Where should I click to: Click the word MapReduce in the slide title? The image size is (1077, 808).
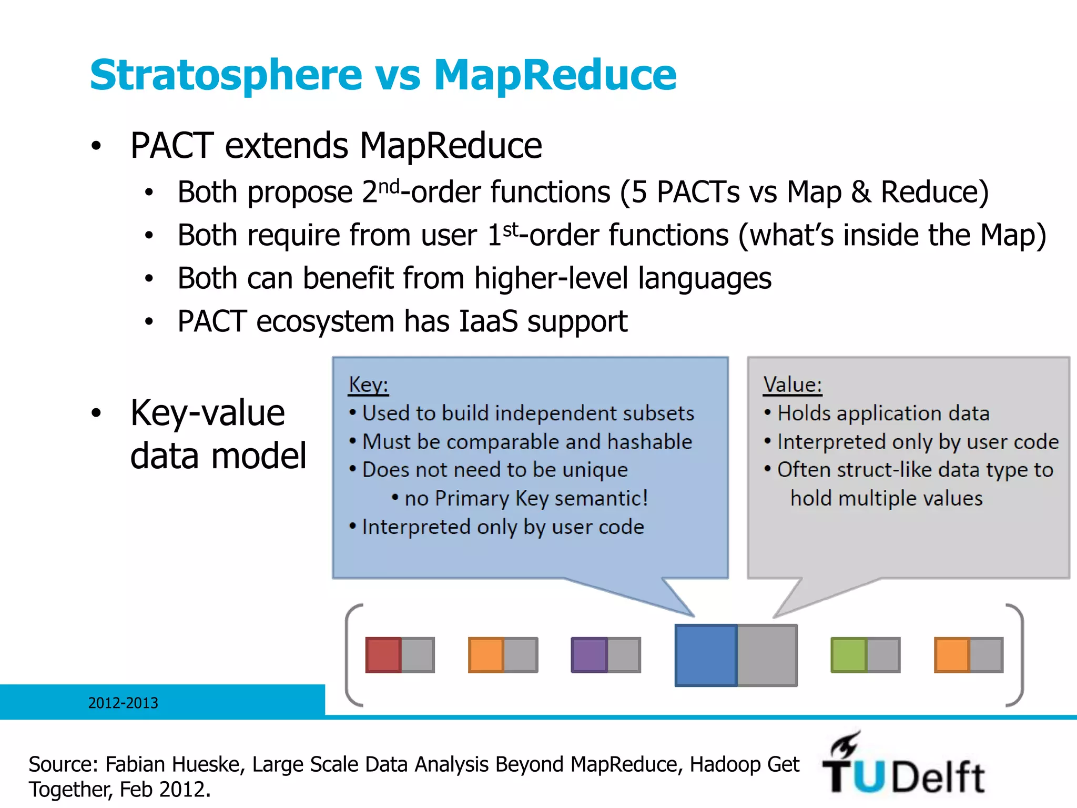[x=555, y=75]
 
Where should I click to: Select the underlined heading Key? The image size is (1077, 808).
[x=368, y=385]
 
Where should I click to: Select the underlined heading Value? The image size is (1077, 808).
[x=792, y=385]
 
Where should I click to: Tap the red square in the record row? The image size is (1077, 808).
[x=383, y=655]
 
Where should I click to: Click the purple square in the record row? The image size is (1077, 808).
[x=589, y=655]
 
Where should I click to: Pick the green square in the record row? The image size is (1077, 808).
[x=848, y=655]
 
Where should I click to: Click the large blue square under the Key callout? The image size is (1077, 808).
[x=706, y=655]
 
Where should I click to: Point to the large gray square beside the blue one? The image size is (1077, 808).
[x=767, y=655]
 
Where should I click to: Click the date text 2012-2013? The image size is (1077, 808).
[x=123, y=703]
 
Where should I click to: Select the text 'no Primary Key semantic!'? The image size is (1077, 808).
[x=526, y=498]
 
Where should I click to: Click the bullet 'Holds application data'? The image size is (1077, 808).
[x=883, y=413]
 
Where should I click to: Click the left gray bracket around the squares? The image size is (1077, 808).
[x=351, y=655]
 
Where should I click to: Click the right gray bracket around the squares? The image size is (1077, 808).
[x=1018, y=655]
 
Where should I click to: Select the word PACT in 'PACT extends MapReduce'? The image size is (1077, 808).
[x=172, y=146]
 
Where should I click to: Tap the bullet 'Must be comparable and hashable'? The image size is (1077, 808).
[x=526, y=442]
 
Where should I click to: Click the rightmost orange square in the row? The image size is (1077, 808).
[x=951, y=655]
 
